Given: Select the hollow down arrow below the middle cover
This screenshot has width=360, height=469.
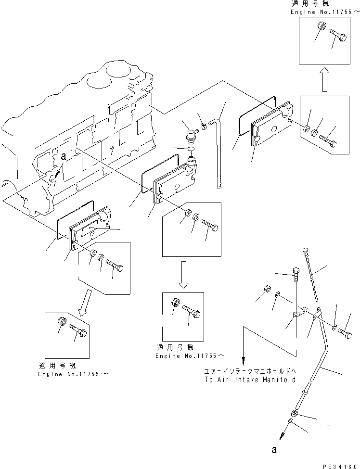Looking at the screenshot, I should (x=185, y=274).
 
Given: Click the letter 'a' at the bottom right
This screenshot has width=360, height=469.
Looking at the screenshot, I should (x=274, y=450).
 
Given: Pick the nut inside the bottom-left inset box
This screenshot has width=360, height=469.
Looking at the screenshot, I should (x=62, y=323).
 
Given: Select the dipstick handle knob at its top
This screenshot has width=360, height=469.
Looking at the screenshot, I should (x=306, y=249).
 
